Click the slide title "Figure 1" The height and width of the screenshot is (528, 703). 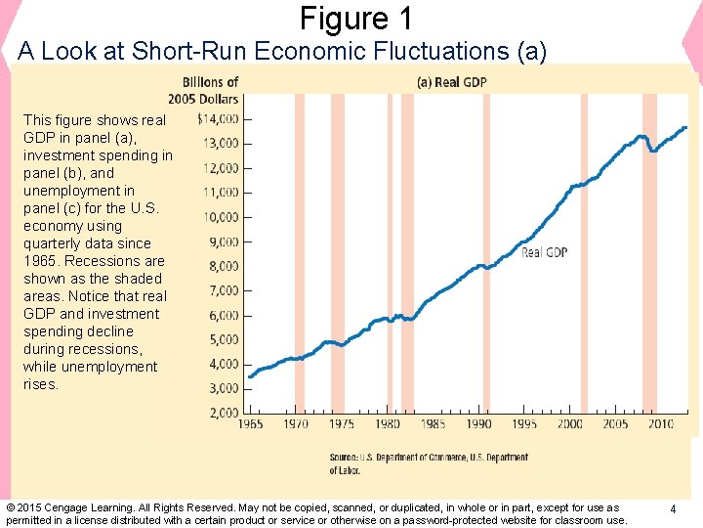[x=355, y=19]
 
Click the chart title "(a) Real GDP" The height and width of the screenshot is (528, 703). [x=451, y=82]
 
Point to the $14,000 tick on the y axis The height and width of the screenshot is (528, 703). [x=219, y=119]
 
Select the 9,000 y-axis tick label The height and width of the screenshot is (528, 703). [x=222, y=242]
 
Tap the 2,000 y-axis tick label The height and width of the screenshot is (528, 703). [x=222, y=413]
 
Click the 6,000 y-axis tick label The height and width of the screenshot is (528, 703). [x=222, y=315]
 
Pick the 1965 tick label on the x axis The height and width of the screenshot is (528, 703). [x=250, y=424]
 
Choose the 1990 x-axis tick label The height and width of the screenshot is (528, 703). [x=478, y=424]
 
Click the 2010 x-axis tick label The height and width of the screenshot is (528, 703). [x=661, y=424]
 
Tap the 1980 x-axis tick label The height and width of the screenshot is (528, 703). [x=388, y=424]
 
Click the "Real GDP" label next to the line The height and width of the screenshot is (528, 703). [x=544, y=252]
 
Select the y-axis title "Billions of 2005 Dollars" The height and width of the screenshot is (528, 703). [x=210, y=91]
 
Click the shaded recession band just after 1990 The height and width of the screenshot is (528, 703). [x=484, y=244]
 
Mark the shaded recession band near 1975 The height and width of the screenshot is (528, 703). [x=338, y=244]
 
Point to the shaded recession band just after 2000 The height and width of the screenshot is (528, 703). [x=584, y=244]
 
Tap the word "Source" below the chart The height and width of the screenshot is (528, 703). [x=343, y=458]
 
